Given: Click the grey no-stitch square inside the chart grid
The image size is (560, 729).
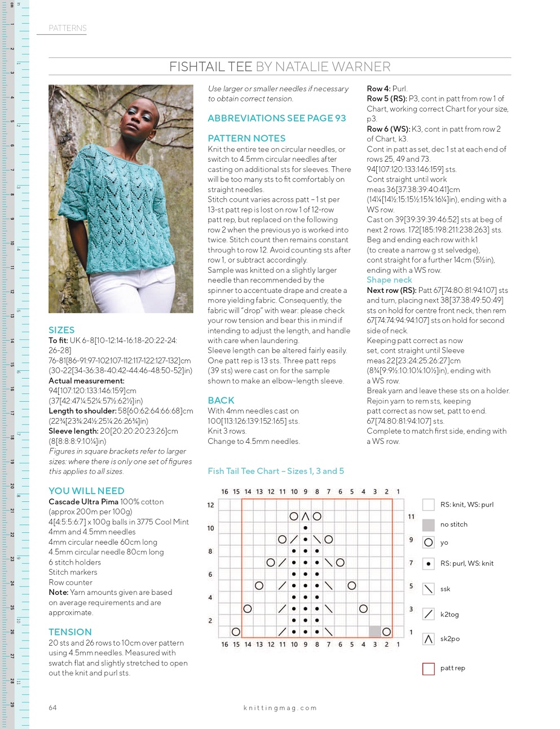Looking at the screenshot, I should [374, 632].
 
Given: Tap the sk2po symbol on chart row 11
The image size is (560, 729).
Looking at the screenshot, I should [305, 516].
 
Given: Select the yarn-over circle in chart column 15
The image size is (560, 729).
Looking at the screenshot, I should [236, 632].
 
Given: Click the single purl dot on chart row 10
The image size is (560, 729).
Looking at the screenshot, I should [305, 528].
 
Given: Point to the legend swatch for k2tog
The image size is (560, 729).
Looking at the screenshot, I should [429, 614].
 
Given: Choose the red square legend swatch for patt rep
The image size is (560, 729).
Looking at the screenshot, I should [429, 668].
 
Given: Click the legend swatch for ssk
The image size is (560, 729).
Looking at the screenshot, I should [429, 589].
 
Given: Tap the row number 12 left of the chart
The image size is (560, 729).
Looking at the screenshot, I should [210, 505].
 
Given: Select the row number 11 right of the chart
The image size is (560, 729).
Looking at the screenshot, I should [411, 517].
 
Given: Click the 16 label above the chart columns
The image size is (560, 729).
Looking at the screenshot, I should [224, 492].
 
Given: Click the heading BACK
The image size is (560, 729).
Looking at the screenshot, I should [221, 400].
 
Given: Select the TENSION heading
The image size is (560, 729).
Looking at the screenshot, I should [70, 632].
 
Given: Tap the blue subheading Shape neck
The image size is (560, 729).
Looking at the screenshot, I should [389, 280].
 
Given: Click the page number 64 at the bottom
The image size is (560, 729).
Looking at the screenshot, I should [52, 708].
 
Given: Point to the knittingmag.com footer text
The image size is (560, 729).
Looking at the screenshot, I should [280, 708].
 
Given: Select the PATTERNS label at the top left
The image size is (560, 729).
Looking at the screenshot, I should [68, 28].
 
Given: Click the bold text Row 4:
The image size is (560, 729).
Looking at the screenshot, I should [378, 88].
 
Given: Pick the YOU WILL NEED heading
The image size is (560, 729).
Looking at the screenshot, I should [86, 491].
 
